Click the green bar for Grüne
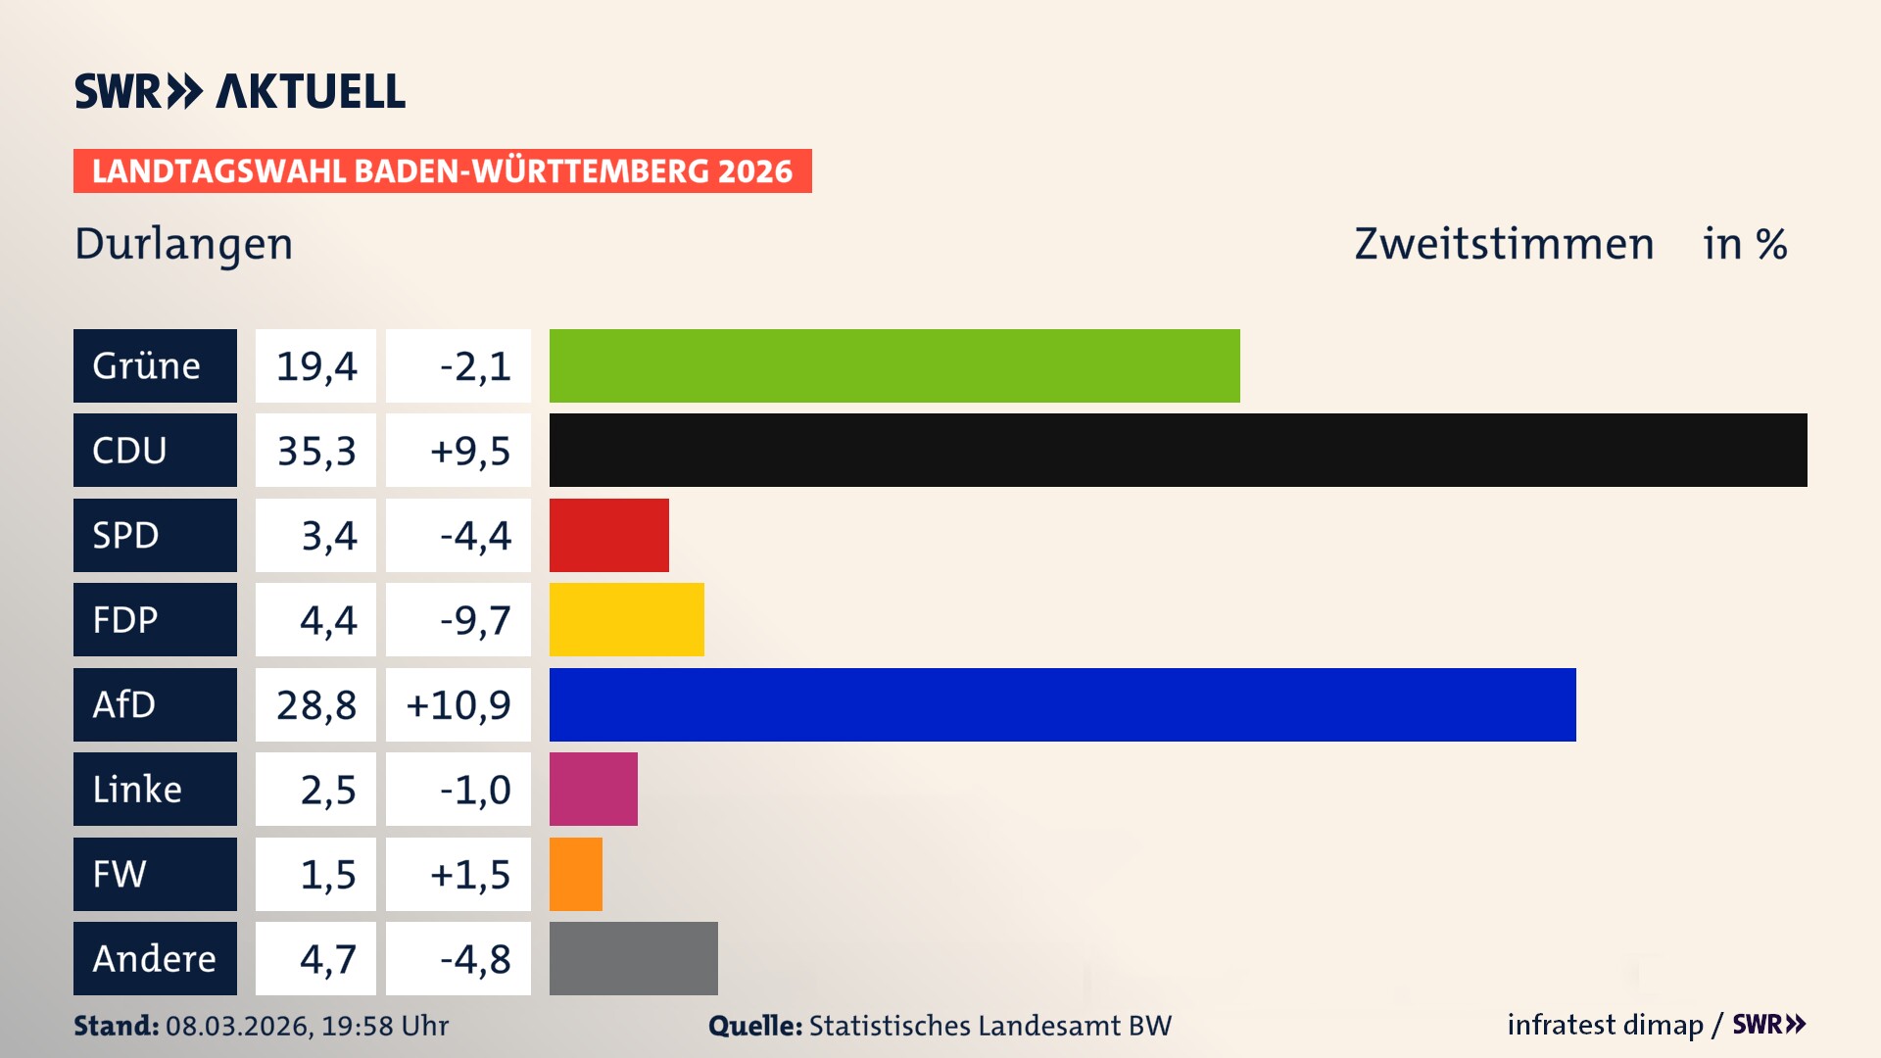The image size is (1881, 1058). click(x=893, y=365)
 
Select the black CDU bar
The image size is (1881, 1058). click(x=1178, y=450)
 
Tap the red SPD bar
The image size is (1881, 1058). click(x=608, y=535)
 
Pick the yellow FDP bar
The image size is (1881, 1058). click(x=626, y=619)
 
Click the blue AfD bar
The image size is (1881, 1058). click(x=1062, y=704)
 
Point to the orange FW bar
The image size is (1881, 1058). click(x=575, y=874)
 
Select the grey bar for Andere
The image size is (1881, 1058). click(x=633, y=958)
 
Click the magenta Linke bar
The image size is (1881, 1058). click(x=593, y=789)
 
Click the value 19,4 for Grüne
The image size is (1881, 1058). click(x=315, y=365)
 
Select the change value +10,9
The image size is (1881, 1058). click(x=458, y=704)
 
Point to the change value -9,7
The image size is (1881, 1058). click(x=474, y=619)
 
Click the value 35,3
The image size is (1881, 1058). click(x=315, y=450)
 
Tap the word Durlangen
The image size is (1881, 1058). click(x=183, y=244)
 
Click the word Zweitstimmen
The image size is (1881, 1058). click(x=1504, y=244)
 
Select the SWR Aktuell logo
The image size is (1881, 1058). click(x=239, y=91)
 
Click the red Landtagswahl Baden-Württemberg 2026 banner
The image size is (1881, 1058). click(x=442, y=170)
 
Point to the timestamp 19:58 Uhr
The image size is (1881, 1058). click(x=385, y=1026)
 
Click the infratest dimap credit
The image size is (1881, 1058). click(x=1605, y=1025)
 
